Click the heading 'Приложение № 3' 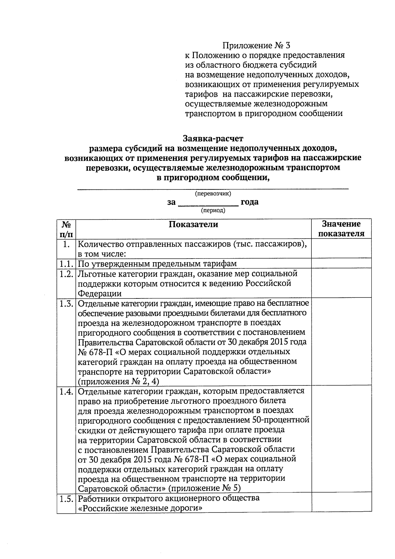coord(256,45)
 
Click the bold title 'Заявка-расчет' coord(213,137)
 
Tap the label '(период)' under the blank coord(213,210)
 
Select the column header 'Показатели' coord(193,224)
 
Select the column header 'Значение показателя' coord(341,229)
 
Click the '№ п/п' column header coord(66,229)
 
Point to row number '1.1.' coord(66,264)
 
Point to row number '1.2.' coord(66,274)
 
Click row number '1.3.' coord(66,303)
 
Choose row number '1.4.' coord(66,391)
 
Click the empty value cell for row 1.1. coord(341,264)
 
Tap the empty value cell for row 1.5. coord(341,503)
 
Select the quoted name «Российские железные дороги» coord(140,508)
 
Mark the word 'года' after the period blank coord(250,202)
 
